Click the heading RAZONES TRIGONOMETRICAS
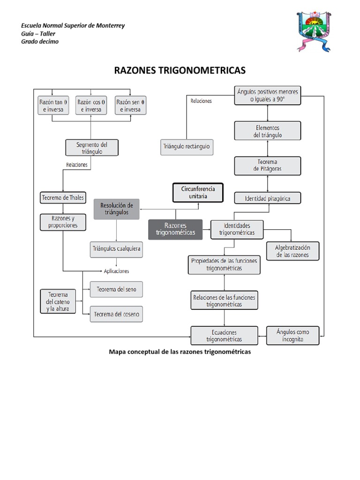180,71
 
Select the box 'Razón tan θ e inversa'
52,105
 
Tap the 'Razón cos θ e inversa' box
91,105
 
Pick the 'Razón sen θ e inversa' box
130,105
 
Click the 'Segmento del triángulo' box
91,148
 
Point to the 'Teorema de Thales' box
63,198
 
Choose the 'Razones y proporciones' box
63,222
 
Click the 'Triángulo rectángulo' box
187,146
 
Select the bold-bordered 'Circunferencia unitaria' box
198,192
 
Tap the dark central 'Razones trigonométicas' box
175,229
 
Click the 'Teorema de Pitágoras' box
267,165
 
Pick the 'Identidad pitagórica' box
267,198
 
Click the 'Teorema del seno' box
116,289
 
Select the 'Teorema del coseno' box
116,314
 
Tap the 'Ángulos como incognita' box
293,335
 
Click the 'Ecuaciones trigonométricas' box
224,336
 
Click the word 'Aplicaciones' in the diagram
116,271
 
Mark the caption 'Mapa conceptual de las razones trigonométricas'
180,352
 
